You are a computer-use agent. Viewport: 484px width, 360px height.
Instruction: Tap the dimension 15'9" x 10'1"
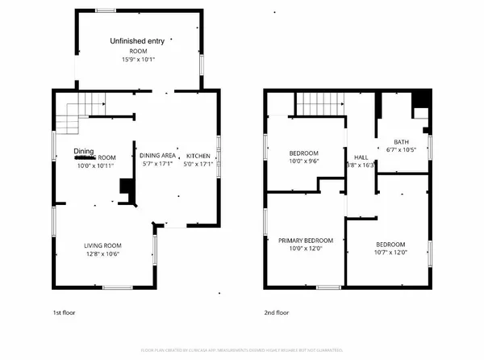[138, 58]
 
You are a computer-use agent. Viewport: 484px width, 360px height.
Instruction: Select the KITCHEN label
[198, 156]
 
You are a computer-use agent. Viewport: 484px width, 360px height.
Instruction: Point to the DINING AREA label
[158, 156]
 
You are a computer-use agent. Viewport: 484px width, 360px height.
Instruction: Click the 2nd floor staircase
[320, 104]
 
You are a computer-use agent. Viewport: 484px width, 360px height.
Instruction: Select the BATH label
[401, 141]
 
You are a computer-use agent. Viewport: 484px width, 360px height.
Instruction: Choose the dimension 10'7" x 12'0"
[390, 253]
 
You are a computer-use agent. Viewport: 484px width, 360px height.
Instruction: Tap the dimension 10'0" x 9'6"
[304, 161]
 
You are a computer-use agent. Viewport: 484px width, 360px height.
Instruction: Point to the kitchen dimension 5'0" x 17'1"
[198, 164]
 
